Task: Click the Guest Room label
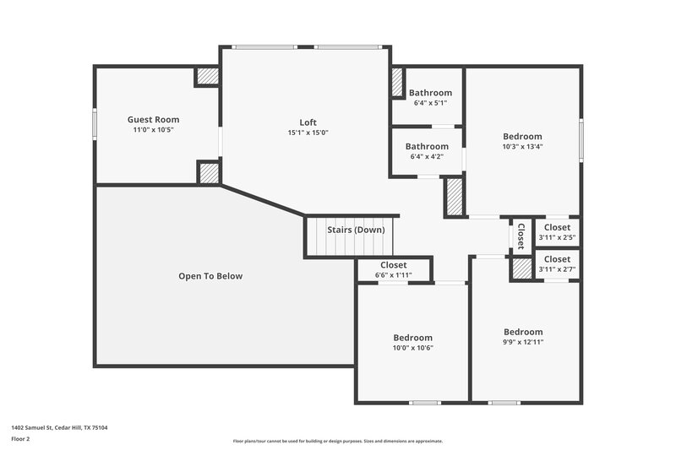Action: click(153, 119)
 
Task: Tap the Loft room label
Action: click(308, 122)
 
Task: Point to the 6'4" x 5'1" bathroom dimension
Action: click(430, 103)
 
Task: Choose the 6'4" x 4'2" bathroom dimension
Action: click(427, 156)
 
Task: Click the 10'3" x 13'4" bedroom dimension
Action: click(522, 146)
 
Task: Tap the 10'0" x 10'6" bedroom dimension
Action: click(412, 348)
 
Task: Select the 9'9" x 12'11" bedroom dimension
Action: click(523, 342)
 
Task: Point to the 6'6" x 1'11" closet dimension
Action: click(393, 275)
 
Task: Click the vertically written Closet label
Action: click(521, 236)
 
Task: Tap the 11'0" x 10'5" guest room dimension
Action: click(153, 130)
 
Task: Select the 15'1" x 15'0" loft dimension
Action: click(308, 133)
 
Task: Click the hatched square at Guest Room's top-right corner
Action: click(208, 77)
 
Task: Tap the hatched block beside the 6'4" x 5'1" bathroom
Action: click(397, 83)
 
